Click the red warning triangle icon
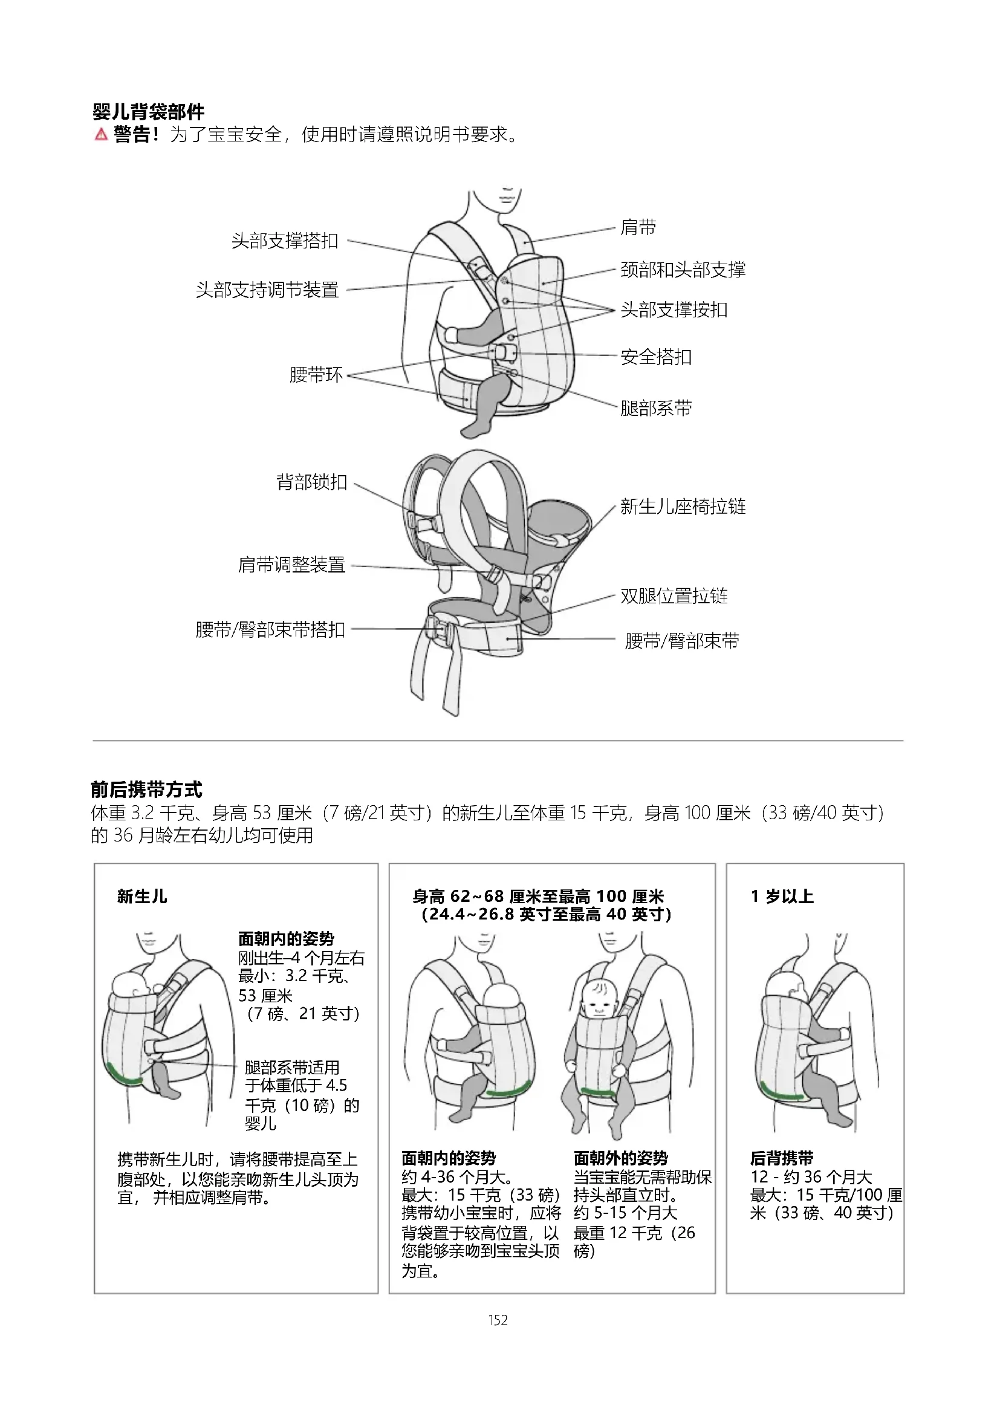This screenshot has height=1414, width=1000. [102, 134]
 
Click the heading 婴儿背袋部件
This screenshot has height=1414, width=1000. [148, 112]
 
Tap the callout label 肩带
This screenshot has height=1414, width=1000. [638, 227]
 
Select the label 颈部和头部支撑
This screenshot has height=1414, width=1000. [683, 270]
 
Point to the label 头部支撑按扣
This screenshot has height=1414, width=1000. [674, 310]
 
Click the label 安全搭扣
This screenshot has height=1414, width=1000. [656, 357]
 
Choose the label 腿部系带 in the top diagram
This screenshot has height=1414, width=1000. [656, 407]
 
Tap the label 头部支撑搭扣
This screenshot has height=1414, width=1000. [285, 241]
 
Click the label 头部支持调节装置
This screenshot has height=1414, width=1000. [267, 290]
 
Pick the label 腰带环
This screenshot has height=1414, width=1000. [316, 374]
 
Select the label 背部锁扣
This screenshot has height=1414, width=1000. [311, 482]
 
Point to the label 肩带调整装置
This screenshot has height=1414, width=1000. [292, 565]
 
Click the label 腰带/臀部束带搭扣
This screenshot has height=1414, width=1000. [270, 629]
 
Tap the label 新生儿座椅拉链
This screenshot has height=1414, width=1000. [683, 506]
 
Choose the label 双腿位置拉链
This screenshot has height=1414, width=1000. [674, 596]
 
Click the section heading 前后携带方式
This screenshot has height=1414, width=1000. [146, 790]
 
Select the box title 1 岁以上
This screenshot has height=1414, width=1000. [782, 897]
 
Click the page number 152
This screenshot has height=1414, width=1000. [498, 1320]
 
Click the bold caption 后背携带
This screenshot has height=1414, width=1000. [781, 1158]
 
